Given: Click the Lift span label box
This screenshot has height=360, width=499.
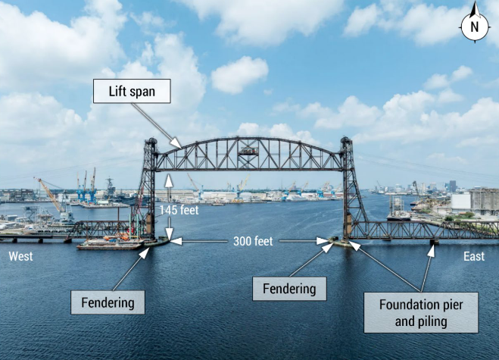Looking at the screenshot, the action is (132, 91).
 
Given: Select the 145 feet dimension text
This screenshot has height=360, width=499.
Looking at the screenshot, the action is (179, 210).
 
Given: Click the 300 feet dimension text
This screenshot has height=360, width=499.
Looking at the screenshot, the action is (253, 241).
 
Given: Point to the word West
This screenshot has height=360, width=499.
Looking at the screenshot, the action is (20, 256).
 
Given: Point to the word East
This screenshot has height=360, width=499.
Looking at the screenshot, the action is (474, 256).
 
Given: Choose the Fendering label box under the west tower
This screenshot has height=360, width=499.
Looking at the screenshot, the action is (108, 302).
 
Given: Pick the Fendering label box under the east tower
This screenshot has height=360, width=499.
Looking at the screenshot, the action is (289, 289).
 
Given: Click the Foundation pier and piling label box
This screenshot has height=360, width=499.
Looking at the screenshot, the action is (421, 312).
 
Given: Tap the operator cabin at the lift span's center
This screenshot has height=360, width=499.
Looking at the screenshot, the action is (248, 151).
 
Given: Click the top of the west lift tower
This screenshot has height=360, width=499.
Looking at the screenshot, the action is (151, 141).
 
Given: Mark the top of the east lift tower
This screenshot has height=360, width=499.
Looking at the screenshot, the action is (345, 140).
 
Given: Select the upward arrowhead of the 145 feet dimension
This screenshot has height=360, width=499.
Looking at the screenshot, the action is (169, 180).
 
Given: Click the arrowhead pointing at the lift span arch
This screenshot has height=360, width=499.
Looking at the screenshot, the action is (176, 143).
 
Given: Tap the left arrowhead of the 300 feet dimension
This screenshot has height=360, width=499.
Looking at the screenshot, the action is (176, 241).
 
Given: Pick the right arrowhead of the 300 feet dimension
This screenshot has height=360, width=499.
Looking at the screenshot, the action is (322, 241).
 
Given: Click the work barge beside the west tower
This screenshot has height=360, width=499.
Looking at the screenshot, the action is (110, 244).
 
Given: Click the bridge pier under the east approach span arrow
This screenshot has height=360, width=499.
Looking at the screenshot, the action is (434, 242).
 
